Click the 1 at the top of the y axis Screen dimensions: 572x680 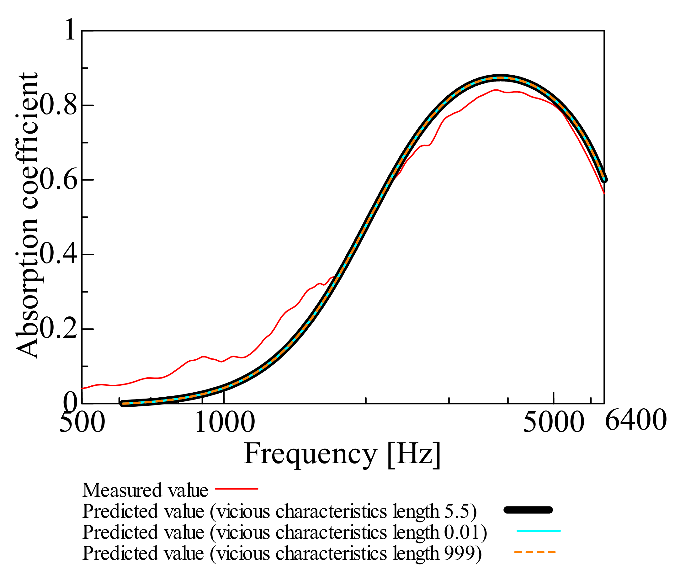(70, 30)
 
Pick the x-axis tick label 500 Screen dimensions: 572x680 (82, 422)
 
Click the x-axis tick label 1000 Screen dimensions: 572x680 (224, 422)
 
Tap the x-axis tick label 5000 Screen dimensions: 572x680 (553, 422)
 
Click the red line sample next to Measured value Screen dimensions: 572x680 (236, 489)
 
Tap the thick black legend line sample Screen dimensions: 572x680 (528, 510)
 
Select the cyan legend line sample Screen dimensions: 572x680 (538, 531)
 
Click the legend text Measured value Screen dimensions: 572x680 (145, 490)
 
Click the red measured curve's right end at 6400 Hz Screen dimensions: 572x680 (604, 193)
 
